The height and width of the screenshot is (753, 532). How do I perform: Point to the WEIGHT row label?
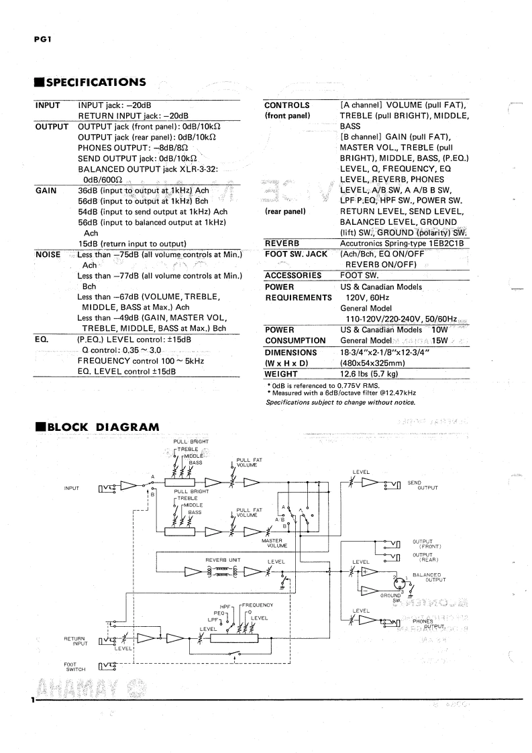(x=282, y=374)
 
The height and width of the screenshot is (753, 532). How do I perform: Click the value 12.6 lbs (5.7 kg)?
(x=369, y=374)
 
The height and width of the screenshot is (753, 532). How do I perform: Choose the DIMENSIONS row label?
(x=290, y=352)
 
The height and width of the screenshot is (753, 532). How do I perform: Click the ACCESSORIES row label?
(x=293, y=275)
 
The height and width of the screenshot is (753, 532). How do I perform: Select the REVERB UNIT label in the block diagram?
(x=223, y=558)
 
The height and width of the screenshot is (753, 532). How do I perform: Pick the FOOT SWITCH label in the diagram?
(x=66, y=666)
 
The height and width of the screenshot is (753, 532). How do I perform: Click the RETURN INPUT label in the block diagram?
(x=75, y=641)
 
